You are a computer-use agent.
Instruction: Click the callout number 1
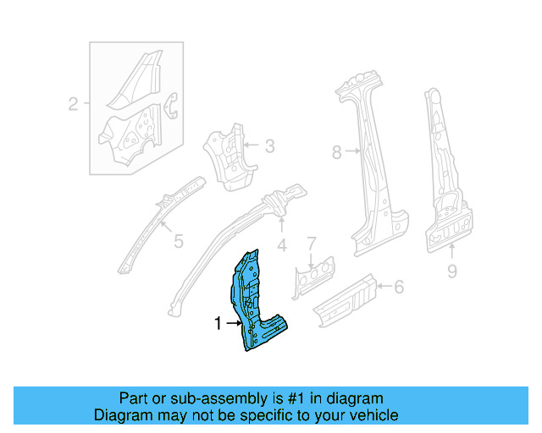(218, 323)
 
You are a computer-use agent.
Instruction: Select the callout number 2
(73, 105)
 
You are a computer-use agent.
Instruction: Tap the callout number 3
(269, 146)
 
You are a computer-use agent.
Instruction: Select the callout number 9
(451, 271)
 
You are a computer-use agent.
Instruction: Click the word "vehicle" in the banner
(373, 415)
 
